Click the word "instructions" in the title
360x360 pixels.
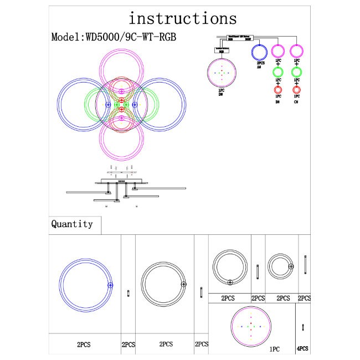point(182,18)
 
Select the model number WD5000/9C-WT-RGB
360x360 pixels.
point(117,38)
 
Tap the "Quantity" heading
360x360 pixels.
point(72,224)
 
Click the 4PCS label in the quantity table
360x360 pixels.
point(302,349)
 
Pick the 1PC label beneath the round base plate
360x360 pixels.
point(274,350)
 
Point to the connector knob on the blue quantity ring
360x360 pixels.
point(110,285)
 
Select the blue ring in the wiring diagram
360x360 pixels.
point(260,52)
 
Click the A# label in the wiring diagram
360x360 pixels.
point(260,67)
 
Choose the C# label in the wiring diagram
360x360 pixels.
point(296,102)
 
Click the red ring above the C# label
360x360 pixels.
point(296,90)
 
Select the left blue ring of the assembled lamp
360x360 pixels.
point(61,104)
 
